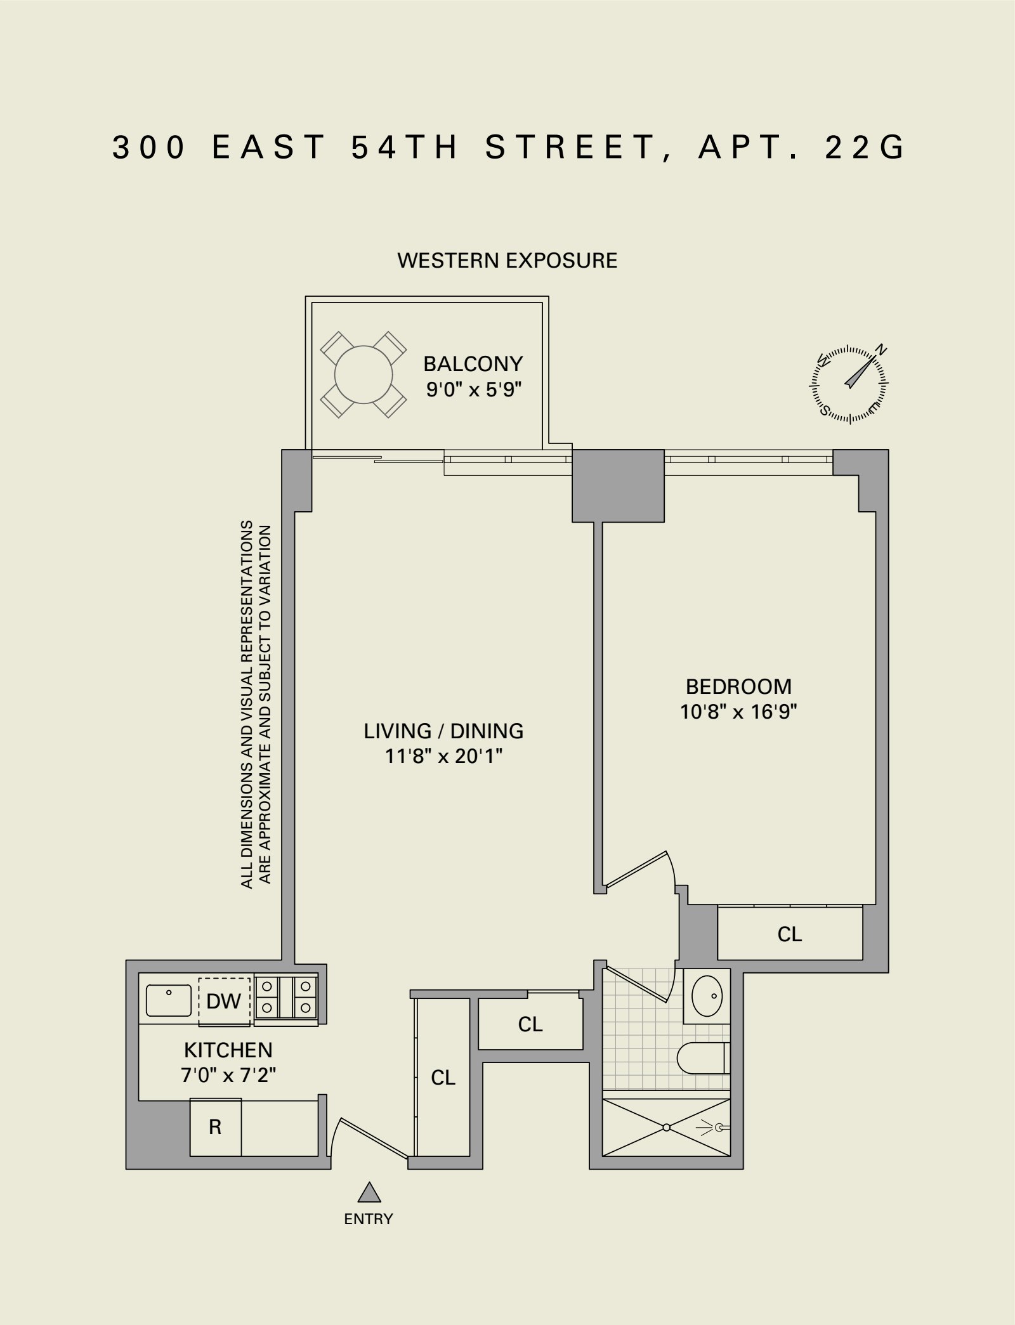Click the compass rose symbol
pos(849,385)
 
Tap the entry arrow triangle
pos(369,1193)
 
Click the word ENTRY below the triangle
pos(369,1218)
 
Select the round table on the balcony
pos(363,374)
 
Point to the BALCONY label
pos(473,364)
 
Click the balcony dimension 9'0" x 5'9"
pos(473,389)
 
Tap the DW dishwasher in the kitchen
pos(224,1001)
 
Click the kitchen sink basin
pos(169,1000)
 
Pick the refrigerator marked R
pos(216,1127)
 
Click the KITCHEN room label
pos(228,1050)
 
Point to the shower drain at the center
pos(667,1127)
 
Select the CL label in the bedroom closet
pos(790,934)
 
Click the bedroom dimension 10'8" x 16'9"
pos(738,712)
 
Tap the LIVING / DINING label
pos(443,731)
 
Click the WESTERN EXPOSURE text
pos(507,261)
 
